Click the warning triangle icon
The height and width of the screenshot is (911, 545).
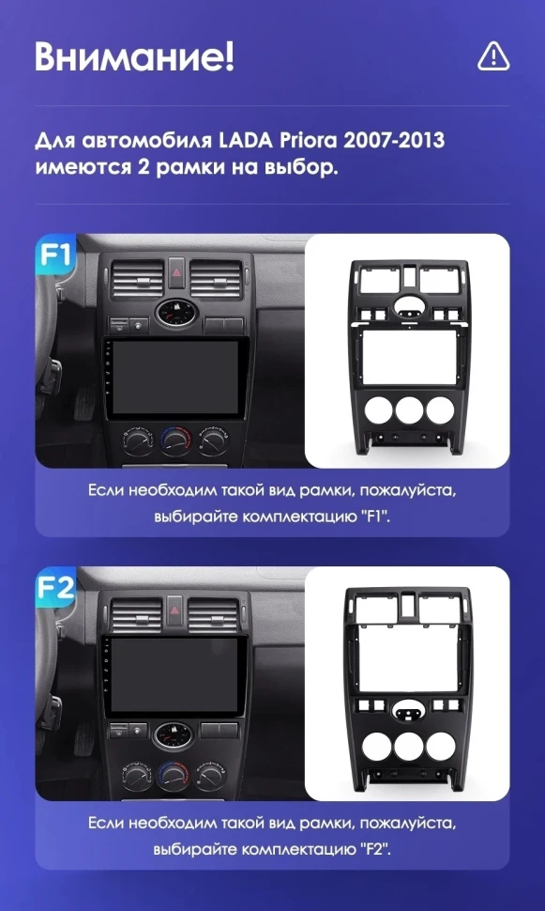(x=493, y=57)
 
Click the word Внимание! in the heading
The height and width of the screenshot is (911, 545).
(x=135, y=57)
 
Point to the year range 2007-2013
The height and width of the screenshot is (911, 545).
(x=394, y=141)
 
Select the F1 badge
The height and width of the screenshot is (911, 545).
(x=55, y=254)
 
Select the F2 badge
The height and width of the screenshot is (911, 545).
(x=55, y=587)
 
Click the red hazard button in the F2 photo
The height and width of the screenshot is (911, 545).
(x=174, y=609)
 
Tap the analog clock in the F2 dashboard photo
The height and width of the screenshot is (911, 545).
(x=174, y=736)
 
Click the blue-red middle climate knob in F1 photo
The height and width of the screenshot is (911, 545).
(x=175, y=441)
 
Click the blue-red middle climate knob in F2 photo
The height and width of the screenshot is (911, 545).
(x=173, y=775)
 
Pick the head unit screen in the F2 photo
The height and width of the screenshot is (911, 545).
(x=174, y=675)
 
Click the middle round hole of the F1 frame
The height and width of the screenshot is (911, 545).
(x=409, y=409)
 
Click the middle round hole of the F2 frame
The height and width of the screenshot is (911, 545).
(x=408, y=746)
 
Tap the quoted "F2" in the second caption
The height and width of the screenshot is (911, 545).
(x=374, y=849)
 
